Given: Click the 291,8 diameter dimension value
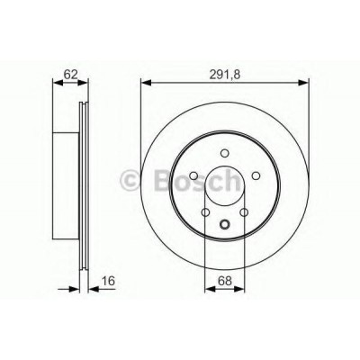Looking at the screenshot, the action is click(x=225, y=74).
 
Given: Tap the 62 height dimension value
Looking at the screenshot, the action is click(x=71, y=74).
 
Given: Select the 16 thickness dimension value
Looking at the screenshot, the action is click(x=108, y=281).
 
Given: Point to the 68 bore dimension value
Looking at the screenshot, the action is click(x=225, y=281).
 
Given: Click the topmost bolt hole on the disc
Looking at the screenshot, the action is click(x=224, y=153).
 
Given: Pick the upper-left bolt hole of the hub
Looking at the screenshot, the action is click(x=193, y=175).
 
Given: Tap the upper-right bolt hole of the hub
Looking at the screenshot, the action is click(x=256, y=175).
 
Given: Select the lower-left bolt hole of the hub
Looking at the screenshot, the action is click(x=205, y=212).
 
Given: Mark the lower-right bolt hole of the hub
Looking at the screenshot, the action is click(x=244, y=212).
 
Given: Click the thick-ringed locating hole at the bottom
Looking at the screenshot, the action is click(x=225, y=223).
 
